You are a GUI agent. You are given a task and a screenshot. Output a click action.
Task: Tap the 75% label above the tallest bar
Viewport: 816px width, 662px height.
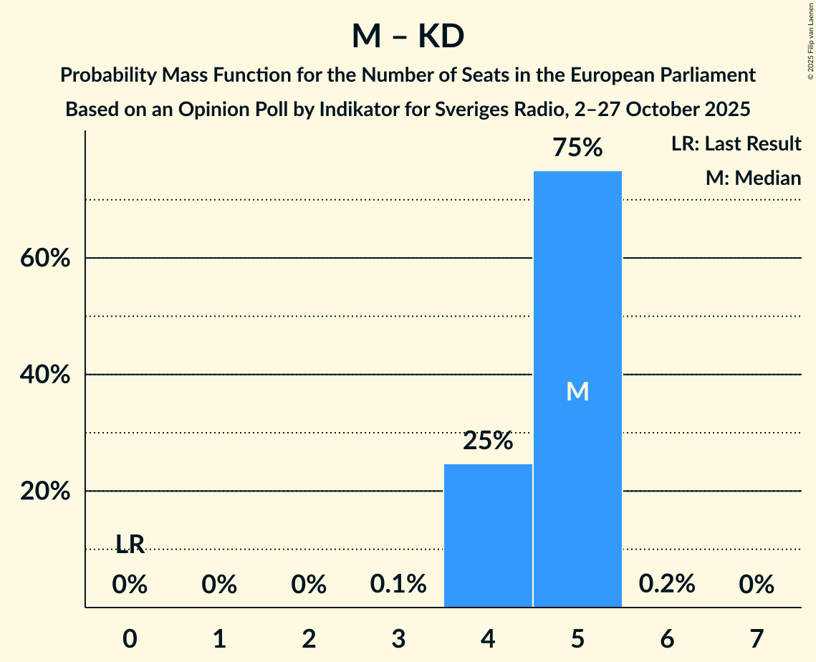[x=577, y=148]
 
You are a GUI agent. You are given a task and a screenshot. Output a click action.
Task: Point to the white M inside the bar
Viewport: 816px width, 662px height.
[x=577, y=391]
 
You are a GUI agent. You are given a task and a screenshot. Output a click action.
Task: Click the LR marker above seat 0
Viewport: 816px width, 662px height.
[x=130, y=545]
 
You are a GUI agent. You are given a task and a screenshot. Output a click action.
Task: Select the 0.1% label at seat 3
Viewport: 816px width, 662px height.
[x=398, y=585]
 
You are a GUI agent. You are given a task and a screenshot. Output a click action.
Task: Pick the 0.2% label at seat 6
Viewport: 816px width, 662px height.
[x=667, y=584]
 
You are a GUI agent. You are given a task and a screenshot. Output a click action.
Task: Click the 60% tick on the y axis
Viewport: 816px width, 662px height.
[x=45, y=259]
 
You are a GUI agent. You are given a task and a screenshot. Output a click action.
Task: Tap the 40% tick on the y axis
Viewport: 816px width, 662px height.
[x=45, y=375]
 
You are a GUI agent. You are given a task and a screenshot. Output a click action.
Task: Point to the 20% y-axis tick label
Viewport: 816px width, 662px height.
[x=45, y=492]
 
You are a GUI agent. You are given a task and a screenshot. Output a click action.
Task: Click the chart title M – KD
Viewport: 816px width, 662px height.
[x=408, y=37]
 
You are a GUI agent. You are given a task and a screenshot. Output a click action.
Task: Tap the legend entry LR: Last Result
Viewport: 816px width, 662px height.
[x=736, y=144]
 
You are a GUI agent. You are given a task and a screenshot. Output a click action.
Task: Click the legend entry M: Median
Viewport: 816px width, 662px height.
[x=752, y=178]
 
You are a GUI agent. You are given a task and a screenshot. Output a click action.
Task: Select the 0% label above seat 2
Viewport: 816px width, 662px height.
[x=309, y=585]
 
